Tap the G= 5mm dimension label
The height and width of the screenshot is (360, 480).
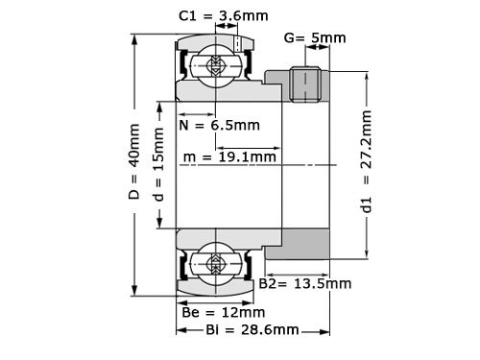[x=314, y=38]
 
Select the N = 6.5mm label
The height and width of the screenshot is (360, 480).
[x=219, y=126]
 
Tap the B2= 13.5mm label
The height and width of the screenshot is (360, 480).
[x=305, y=284]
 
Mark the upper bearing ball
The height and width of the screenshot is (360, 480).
[x=213, y=66]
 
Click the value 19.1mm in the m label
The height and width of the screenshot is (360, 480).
[x=250, y=156]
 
